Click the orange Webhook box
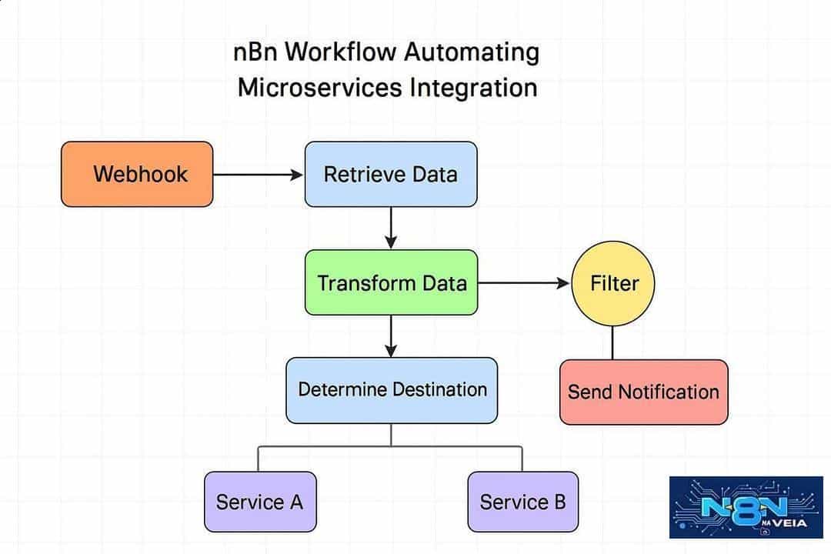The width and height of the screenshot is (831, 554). pyautogui.click(x=137, y=174)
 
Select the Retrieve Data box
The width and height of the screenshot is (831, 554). pyautogui.click(x=391, y=174)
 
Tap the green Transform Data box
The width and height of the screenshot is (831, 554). pyautogui.click(x=391, y=282)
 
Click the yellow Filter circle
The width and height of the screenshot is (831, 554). pyautogui.click(x=613, y=284)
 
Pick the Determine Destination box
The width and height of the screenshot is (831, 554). pyautogui.click(x=392, y=390)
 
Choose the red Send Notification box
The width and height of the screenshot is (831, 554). pyautogui.click(x=644, y=392)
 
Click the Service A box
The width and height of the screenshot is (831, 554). pyautogui.click(x=260, y=502)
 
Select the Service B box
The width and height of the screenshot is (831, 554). pyautogui.click(x=523, y=502)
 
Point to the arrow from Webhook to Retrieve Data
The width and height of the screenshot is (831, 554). pyautogui.click(x=258, y=174)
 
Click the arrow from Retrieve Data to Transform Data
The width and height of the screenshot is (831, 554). pyautogui.click(x=391, y=228)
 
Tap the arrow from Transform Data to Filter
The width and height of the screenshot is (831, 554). pyautogui.click(x=524, y=283)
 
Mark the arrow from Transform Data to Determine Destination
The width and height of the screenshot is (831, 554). pyautogui.click(x=391, y=336)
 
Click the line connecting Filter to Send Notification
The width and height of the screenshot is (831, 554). pyautogui.click(x=612, y=343)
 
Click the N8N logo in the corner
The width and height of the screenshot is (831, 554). pyautogui.click(x=746, y=507)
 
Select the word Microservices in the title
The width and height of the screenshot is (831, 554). pyautogui.click(x=320, y=88)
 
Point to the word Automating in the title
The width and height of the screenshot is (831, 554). pyautogui.click(x=472, y=53)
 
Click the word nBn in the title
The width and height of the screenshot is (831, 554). pyautogui.click(x=255, y=52)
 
